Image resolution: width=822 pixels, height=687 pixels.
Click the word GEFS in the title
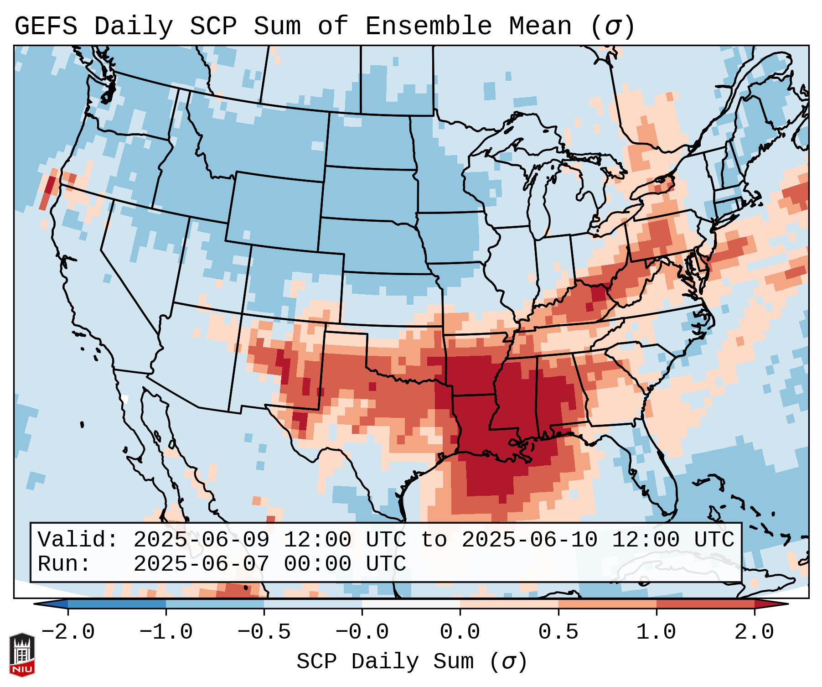[46, 26]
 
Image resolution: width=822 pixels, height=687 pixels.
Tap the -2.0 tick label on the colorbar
[68, 632]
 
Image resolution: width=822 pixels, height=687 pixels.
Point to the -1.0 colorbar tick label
[166, 632]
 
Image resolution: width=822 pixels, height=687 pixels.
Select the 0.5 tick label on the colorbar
[558, 632]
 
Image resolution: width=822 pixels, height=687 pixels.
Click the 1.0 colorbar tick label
[656, 632]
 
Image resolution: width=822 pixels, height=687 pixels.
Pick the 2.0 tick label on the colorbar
[754, 632]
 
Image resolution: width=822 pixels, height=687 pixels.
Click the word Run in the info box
[57, 564]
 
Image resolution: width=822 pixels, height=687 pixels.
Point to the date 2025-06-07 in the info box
[201, 564]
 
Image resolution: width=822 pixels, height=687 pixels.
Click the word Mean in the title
[540, 26]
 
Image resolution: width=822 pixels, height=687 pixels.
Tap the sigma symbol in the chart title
[612, 26]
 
